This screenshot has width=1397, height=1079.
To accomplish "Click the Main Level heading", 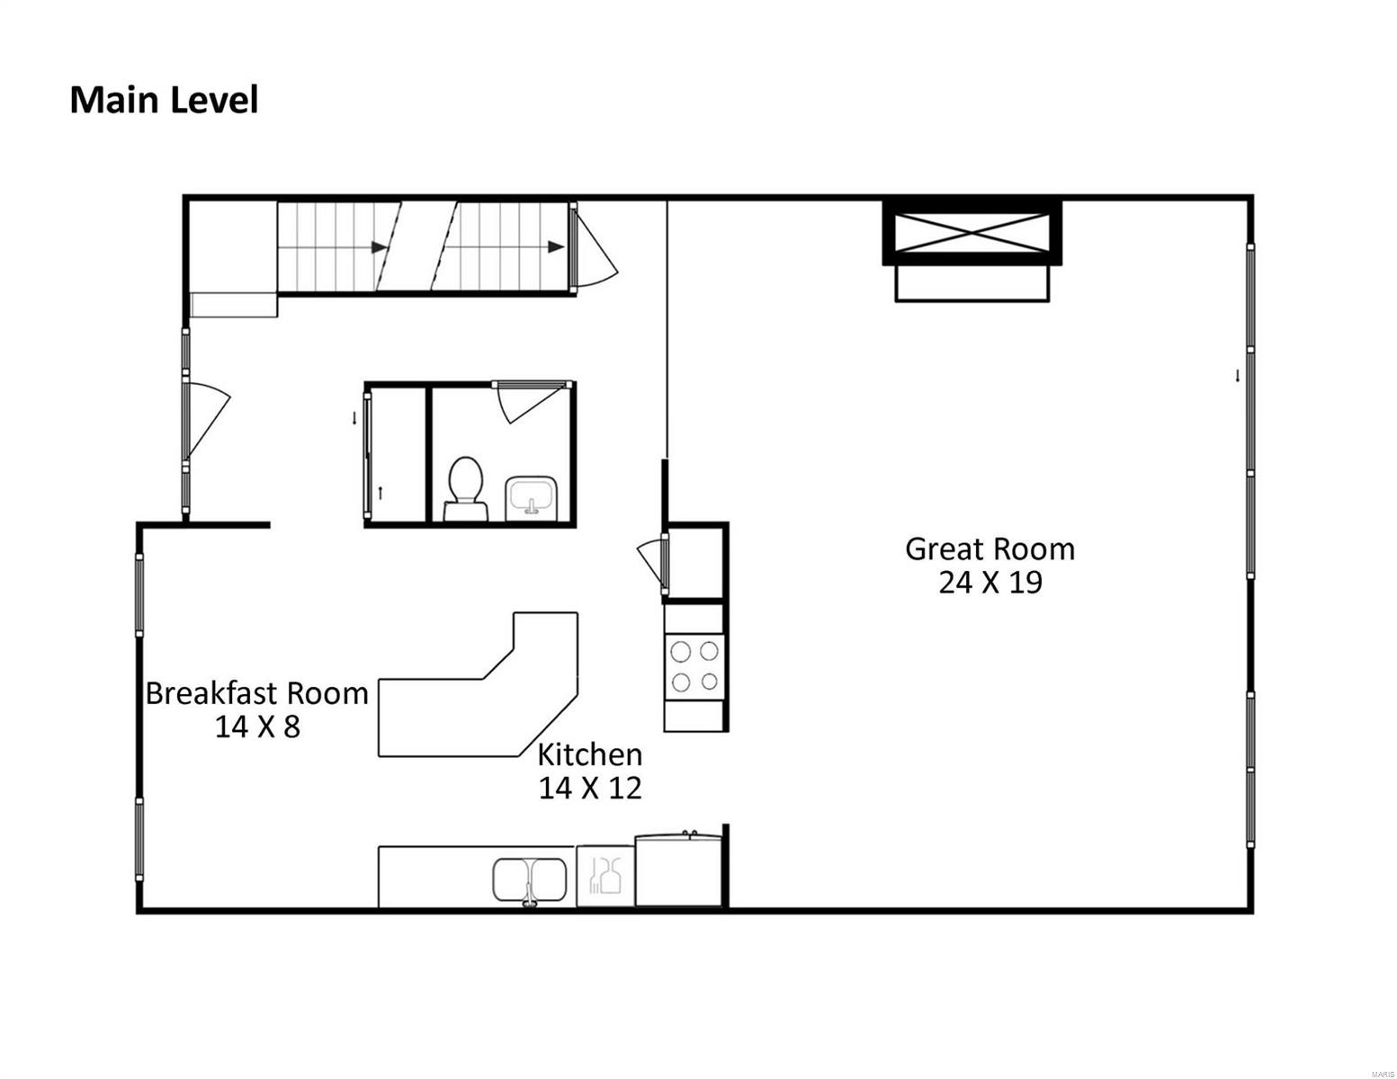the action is click(164, 100).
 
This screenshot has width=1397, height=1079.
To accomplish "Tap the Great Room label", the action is click(990, 549).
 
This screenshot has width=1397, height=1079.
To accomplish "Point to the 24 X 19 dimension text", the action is click(990, 583).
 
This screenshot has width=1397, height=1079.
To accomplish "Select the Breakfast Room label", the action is click(257, 693).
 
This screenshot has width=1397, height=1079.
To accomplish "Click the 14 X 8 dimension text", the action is click(257, 727).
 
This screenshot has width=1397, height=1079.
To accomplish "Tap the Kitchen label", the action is click(589, 754).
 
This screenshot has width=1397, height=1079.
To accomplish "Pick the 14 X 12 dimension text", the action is click(589, 789).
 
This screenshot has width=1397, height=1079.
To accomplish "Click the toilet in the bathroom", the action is click(465, 488).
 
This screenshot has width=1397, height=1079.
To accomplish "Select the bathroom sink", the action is click(531, 496).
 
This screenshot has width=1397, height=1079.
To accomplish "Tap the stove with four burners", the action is click(694, 667).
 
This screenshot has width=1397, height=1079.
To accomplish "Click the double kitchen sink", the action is click(529, 882).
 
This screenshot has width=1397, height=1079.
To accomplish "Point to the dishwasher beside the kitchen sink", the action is click(605, 876).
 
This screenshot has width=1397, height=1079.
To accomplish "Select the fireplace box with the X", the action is click(972, 232).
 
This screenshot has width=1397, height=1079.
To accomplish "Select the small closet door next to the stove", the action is click(654, 564).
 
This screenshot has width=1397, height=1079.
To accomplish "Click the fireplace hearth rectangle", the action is click(972, 282).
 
